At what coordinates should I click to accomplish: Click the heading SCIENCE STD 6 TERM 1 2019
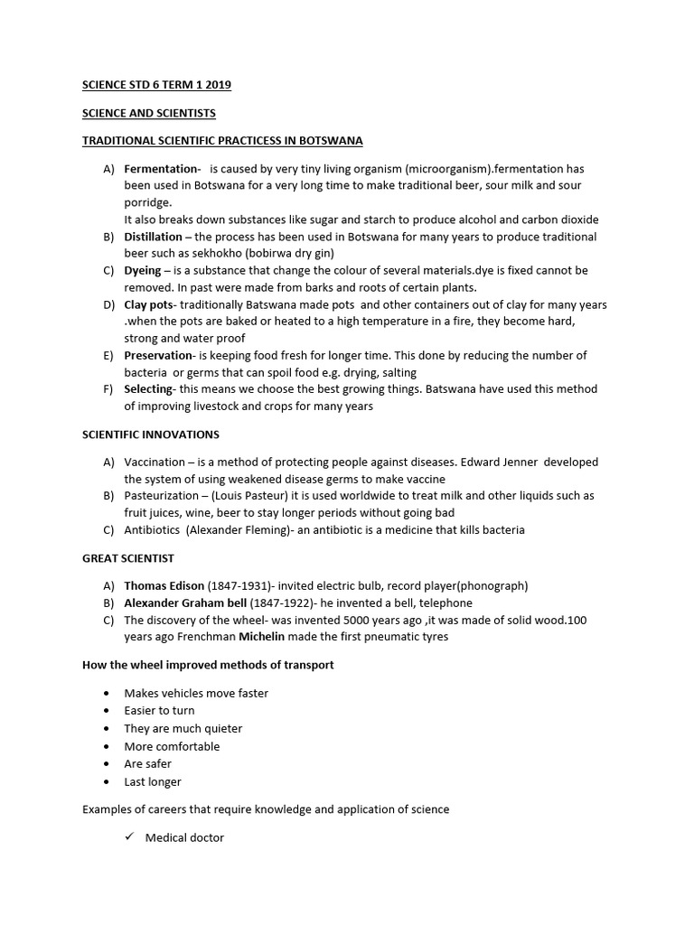point(156,85)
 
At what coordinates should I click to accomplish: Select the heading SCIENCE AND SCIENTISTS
point(149,113)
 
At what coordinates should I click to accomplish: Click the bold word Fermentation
point(161,169)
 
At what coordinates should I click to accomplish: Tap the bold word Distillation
point(154,237)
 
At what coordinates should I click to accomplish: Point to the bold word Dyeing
point(143,270)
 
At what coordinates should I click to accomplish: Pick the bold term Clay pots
point(148,304)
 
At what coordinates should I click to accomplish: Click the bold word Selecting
point(148,389)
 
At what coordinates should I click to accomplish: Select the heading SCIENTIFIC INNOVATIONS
point(151,434)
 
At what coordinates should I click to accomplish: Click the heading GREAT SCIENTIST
point(128,558)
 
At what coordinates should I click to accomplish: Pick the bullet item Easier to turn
point(159,711)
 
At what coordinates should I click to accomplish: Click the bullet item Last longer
point(153,781)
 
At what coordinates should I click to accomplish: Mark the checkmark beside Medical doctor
point(129,837)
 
